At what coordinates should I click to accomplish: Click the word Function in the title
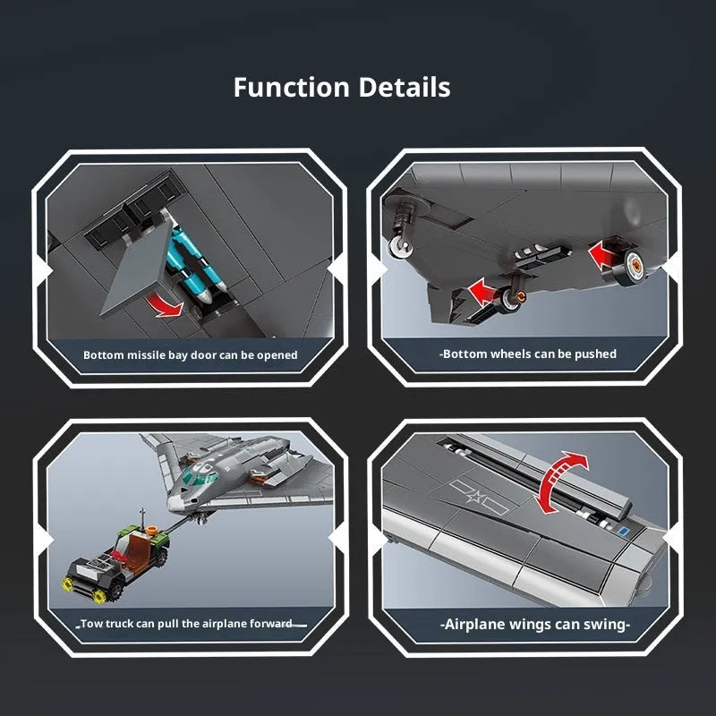(x=292, y=87)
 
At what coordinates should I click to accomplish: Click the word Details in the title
(x=405, y=87)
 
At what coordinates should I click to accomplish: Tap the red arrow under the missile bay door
(x=165, y=304)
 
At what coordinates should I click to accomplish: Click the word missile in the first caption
(x=146, y=355)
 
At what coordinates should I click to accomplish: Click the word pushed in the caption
(x=595, y=354)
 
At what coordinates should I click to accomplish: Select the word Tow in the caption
(x=90, y=624)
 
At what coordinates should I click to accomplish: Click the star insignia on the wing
(x=476, y=497)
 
